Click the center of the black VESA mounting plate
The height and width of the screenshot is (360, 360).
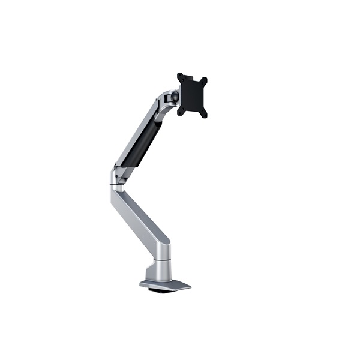click(192, 95)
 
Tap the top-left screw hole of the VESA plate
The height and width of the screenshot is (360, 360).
click(180, 77)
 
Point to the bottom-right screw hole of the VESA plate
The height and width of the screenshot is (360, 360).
click(203, 113)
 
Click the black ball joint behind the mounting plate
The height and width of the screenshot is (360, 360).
click(175, 96)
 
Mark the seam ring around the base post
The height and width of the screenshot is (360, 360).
click(162, 260)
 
